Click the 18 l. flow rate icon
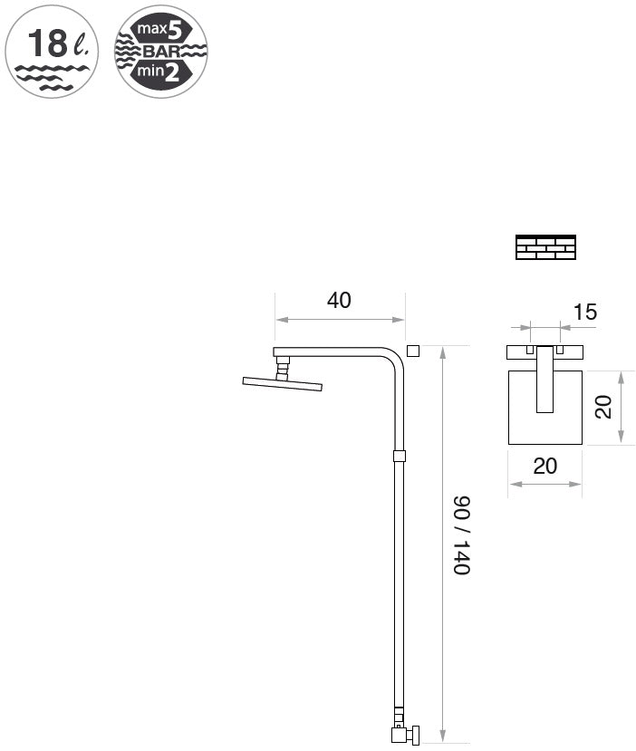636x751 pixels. tap(52, 52)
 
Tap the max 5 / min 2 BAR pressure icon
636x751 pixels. tap(161, 52)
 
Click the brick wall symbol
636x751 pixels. tap(545, 247)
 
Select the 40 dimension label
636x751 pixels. tap(339, 300)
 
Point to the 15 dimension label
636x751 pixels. tap(584, 313)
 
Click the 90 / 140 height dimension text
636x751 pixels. tap(462, 535)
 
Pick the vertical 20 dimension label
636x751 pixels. tap(603, 407)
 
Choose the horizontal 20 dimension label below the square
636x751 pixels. tap(545, 466)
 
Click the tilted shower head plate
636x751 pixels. tap(283, 384)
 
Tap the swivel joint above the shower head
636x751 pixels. tap(283, 369)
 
